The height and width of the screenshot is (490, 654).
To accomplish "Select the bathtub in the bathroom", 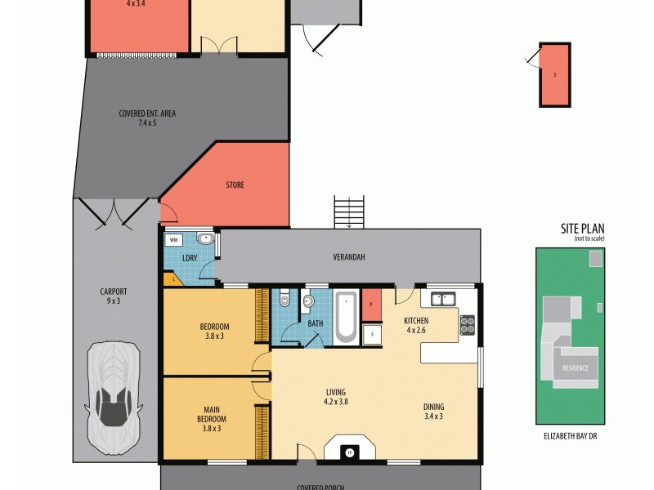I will (x=346, y=316).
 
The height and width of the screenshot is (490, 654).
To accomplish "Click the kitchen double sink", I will (x=444, y=300).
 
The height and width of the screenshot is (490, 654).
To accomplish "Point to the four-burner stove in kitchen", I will (x=468, y=325).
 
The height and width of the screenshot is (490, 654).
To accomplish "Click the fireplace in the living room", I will (x=349, y=450).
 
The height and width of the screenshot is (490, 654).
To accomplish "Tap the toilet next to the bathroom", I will (x=283, y=300).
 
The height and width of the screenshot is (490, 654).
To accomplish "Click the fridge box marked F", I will (x=371, y=333).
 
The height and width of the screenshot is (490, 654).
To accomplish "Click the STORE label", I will (x=235, y=185).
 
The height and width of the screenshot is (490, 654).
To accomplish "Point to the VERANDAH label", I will (x=348, y=257).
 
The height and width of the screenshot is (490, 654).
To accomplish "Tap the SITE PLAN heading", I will (x=581, y=229).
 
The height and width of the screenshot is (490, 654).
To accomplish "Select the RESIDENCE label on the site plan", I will (x=575, y=368).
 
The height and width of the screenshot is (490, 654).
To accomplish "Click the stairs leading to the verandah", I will (x=349, y=212).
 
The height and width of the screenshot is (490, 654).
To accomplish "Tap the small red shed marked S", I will (x=554, y=74).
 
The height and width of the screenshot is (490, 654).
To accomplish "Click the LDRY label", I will (x=190, y=258).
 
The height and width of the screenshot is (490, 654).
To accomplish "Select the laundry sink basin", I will (x=204, y=239).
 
